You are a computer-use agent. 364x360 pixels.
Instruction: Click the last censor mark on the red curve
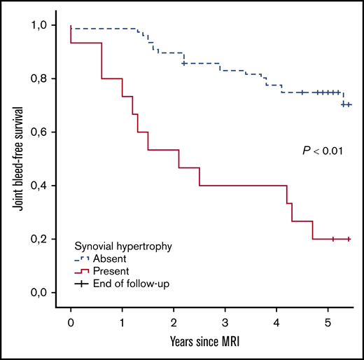click(x=348, y=240)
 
